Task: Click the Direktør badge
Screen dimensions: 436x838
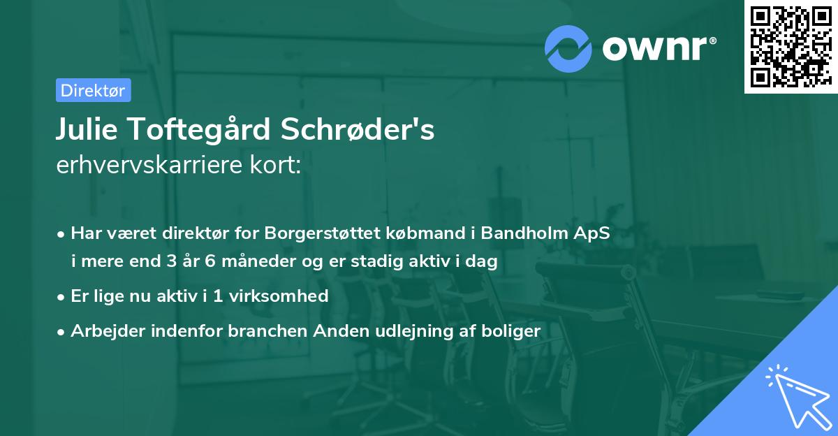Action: coord(93,90)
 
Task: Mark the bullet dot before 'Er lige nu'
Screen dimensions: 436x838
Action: coord(62,296)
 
